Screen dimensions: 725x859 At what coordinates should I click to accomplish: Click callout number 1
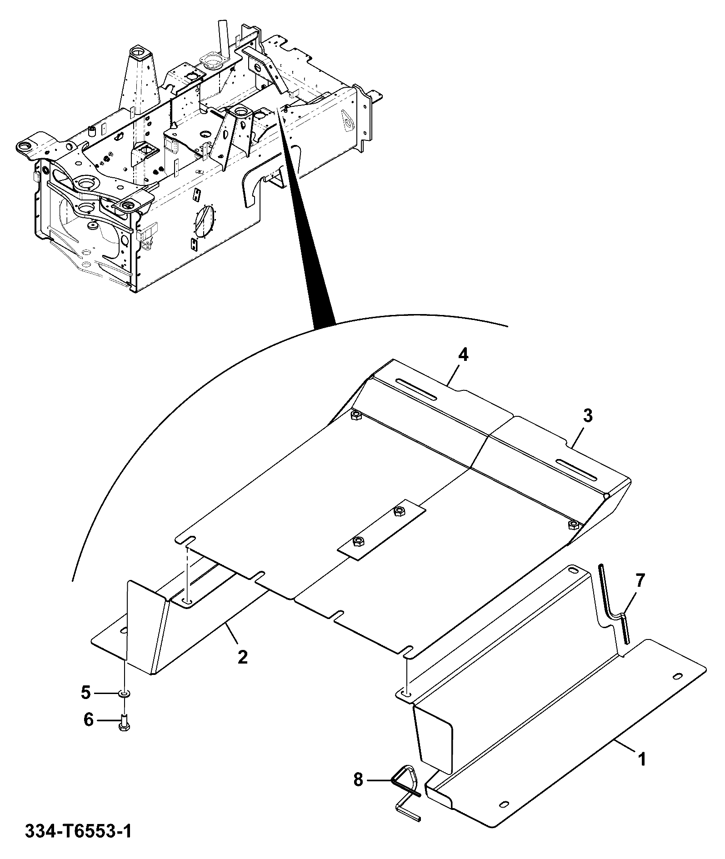point(641,759)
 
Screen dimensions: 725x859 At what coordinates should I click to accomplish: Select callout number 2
point(243,656)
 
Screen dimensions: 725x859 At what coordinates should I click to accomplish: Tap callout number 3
point(588,415)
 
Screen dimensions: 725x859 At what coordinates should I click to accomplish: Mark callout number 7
point(640,580)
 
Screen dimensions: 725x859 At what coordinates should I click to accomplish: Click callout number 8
point(358,781)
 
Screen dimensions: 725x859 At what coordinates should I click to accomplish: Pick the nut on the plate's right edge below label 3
point(574,525)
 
